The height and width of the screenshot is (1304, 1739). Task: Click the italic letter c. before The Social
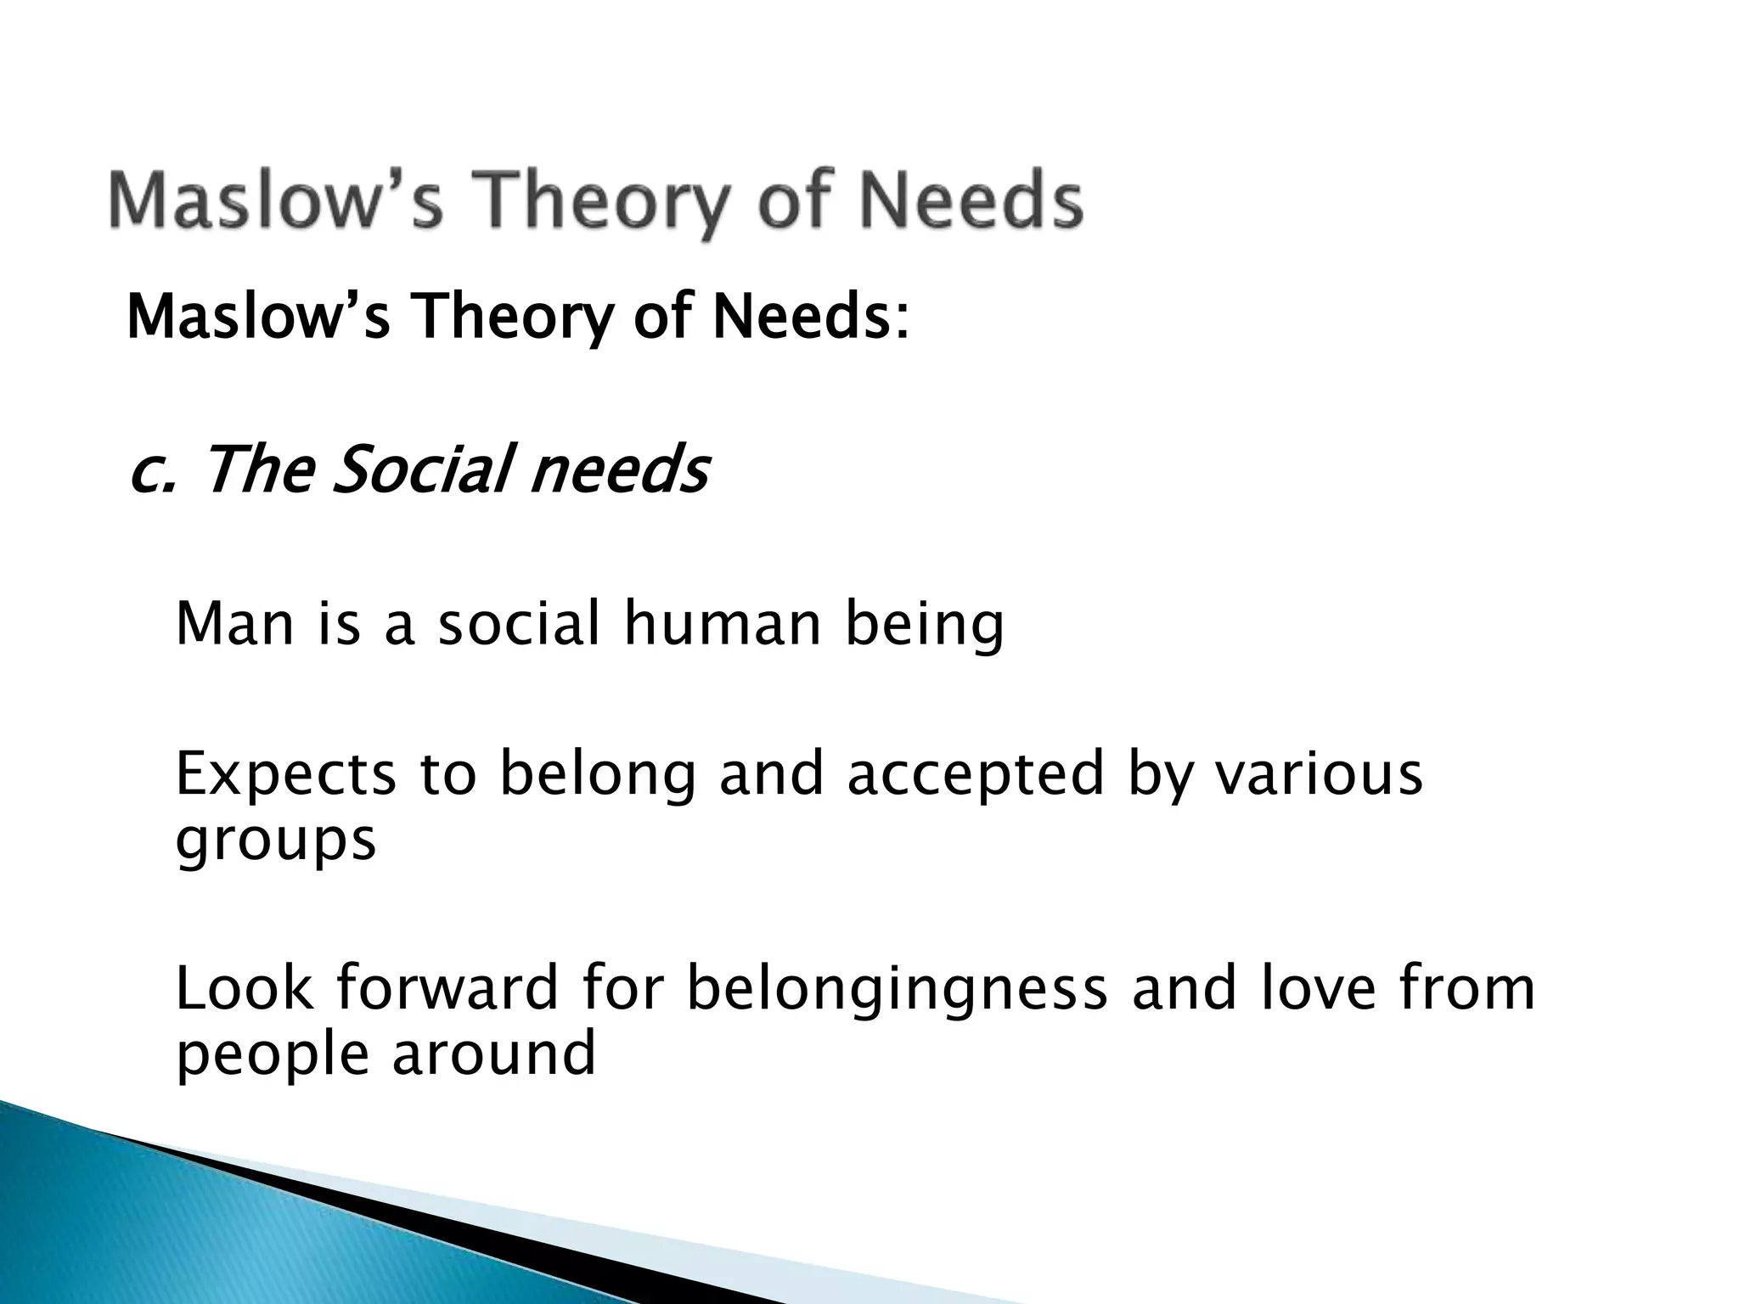[x=151, y=471]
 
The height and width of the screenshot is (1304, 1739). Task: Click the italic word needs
[x=619, y=471]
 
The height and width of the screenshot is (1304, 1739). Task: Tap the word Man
[x=234, y=624]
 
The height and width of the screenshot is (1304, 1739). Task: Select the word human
[x=723, y=624]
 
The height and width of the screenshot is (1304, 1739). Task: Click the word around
[x=493, y=1054]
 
